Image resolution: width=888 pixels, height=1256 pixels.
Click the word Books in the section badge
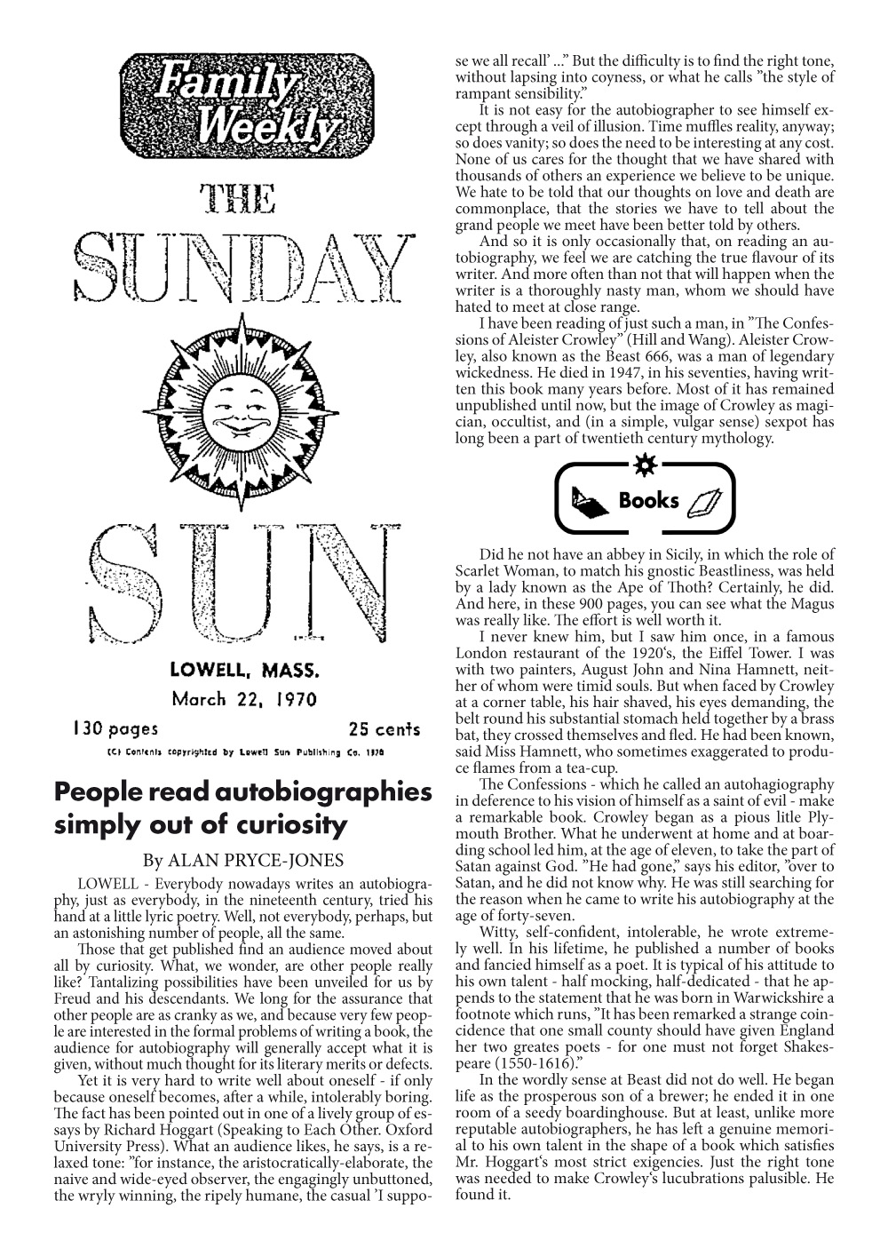[x=648, y=500]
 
